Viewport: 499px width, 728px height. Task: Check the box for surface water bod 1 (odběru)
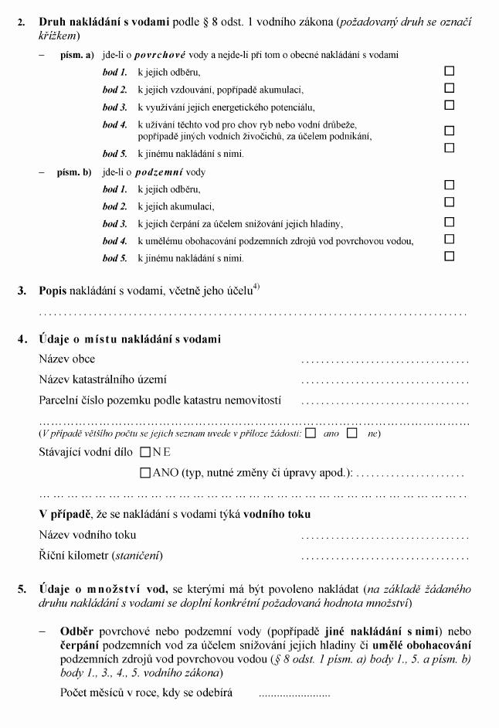(x=450, y=70)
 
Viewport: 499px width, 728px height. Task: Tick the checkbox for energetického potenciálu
(x=450, y=105)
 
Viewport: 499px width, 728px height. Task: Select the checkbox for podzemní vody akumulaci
(x=450, y=202)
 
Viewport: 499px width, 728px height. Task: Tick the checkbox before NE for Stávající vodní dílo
(x=145, y=452)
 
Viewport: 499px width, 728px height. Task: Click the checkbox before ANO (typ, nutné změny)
(x=145, y=473)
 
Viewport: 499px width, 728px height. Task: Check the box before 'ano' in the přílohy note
(x=311, y=434)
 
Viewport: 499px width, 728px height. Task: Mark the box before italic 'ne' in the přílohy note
(x=352, y=434)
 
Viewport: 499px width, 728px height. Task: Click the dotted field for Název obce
(x=385, y=360)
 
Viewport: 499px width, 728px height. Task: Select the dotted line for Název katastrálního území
(x=385, y=380)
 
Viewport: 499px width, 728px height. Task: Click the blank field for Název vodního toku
(x=385, y=536)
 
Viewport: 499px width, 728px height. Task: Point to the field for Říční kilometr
(x=385, y=556)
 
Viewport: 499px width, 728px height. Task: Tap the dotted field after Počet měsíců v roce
(x=294, y=693)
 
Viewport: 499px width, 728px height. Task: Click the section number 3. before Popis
(x=22, y=291)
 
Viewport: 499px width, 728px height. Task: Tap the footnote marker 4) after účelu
(x=255, y=288)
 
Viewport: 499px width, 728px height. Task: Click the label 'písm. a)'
(x=76, y=56)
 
